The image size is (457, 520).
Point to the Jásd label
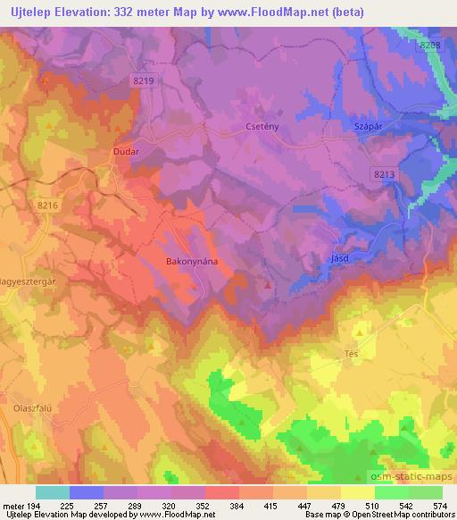338,257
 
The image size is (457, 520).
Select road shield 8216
48,205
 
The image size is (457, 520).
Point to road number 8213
385,175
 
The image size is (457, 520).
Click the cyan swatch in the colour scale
53,492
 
